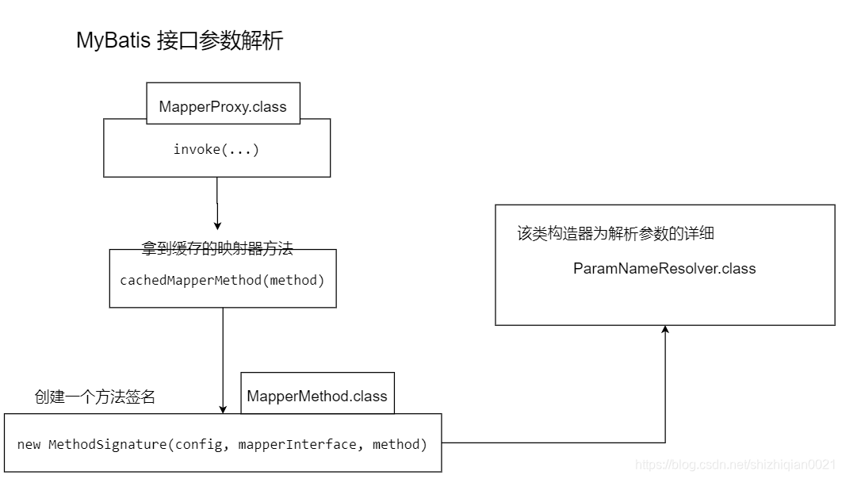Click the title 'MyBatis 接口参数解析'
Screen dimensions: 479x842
(179, 40)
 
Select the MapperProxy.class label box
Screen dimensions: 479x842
(223, 106)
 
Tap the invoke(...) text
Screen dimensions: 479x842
(216, 149)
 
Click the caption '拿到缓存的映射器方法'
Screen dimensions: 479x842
(217, 248)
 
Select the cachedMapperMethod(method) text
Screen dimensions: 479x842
(222, 280)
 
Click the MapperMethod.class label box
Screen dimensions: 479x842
(317, 396)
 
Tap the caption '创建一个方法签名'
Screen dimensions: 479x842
(94, 397)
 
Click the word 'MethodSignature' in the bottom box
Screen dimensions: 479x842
(108, 444)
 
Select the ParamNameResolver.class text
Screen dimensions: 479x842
(664, 268)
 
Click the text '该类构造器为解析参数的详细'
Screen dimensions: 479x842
(616, 233)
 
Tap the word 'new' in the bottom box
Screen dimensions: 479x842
(29, 444)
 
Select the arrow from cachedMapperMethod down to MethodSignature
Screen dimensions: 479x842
(223, 357)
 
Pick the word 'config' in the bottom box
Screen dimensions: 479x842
(201, 444)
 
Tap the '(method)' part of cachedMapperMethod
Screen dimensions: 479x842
(297, 280)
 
